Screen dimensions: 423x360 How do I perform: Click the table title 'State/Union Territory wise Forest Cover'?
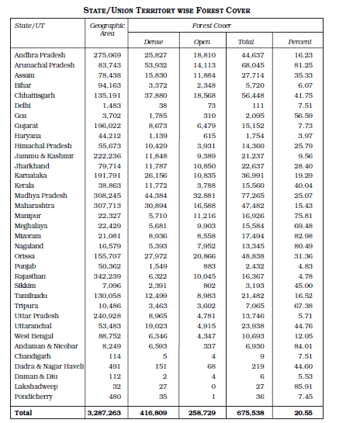180,9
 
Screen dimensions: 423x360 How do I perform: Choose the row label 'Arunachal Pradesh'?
44,65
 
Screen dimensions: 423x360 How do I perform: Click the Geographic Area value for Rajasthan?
109,276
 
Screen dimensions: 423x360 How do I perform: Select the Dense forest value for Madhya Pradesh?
155,196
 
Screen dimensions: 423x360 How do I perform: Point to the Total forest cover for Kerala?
251,185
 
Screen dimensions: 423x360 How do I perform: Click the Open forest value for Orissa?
204,255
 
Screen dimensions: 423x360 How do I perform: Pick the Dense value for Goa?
157,115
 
